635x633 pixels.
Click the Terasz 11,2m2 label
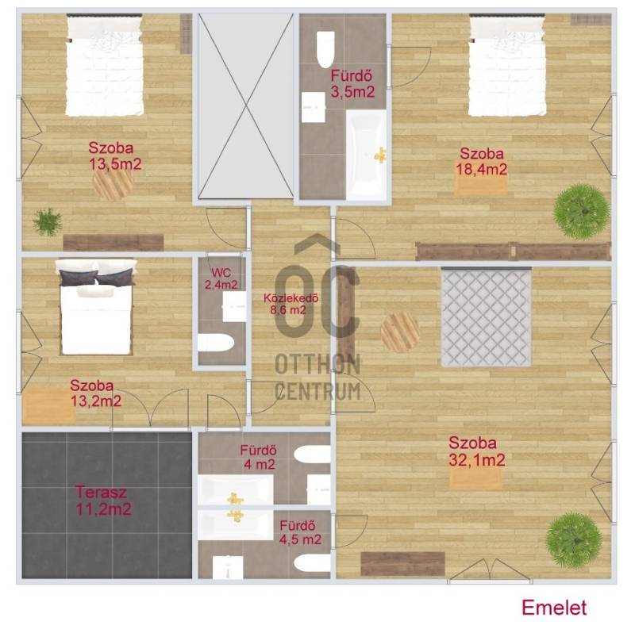pyautogui.click(x=104, y=501)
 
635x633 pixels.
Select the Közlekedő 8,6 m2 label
pyautogui.click(x=291, y=304)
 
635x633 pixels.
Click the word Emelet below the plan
pyautogui.click(x=554, y=608)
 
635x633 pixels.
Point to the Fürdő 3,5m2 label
pyautogui.click(x=352, y=84)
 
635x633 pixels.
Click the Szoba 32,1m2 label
pyautogui.click(x=476, y=451)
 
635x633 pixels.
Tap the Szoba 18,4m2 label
pyautogui.click(x=482, y=162)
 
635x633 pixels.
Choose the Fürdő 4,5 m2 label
pyautogui.click(x=300, y=532)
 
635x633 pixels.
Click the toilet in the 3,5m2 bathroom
pyautogui.click(x=325, y=49)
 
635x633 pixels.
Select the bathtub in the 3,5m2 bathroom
pyautogui.click(x=366, y=155)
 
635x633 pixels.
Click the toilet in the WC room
pyautogui.click(x=215, y=343)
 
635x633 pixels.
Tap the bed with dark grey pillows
pyautogui.click(x=96, y=307)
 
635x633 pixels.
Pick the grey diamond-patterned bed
pyautogui.click(x=486, y=317)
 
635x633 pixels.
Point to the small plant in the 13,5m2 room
pyautogui.click(x=48, y=222)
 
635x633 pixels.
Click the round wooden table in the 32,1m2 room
pyautogui.click(x=400, y=332)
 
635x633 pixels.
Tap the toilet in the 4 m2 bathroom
pyautogui.click(x=312, y=454)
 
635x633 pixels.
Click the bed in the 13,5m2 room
pyautogui.click(x=105, y=65)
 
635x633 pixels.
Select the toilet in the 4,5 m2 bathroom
pyautogui.click(x=312, y=562)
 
